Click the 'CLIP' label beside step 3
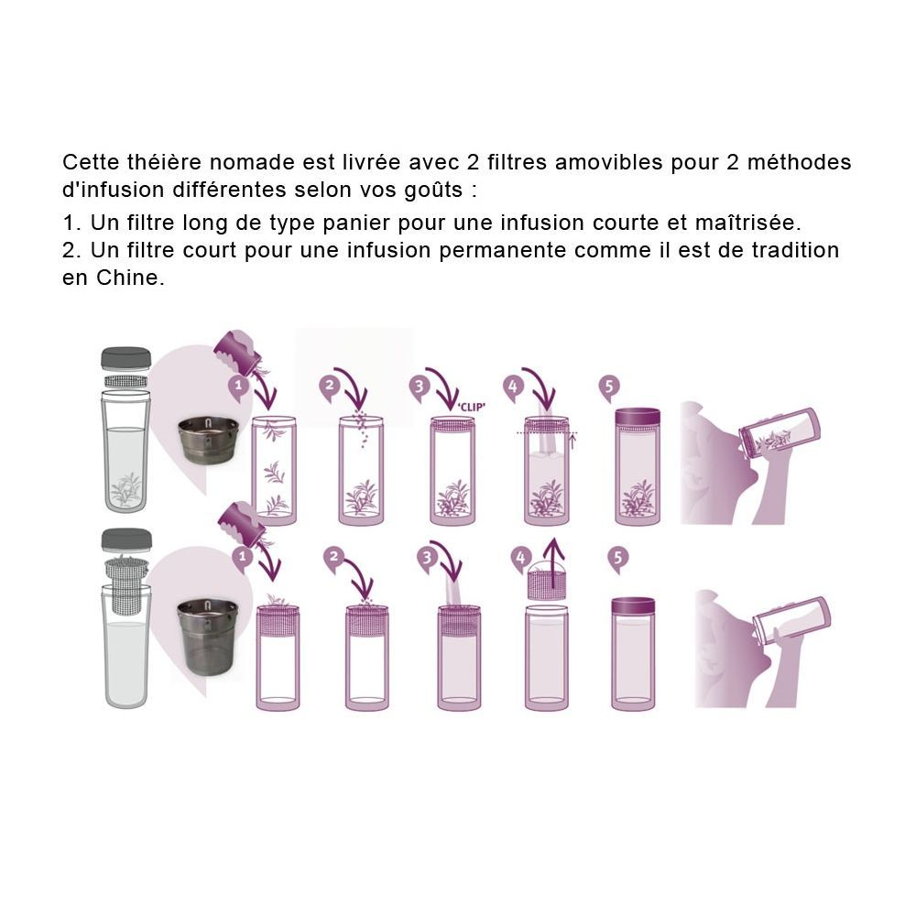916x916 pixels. coord(471,407)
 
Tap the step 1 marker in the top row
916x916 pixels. coord(238,387)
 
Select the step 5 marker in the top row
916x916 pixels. coord(609,387)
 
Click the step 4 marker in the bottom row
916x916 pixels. coord(520,558)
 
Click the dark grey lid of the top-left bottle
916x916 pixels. coord(126,358)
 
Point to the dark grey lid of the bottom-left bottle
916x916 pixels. coord(126,540)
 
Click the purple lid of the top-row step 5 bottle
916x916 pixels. coord(638,419)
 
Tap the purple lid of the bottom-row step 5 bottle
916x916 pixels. coord(633,605)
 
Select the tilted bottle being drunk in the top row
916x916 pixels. coord(780,432)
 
